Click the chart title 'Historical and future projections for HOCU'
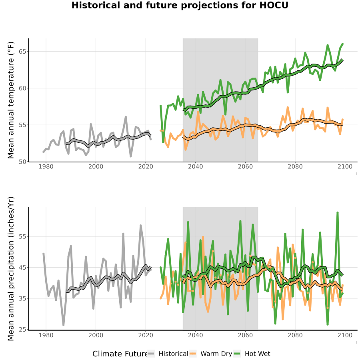180,5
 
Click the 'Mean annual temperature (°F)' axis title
11,100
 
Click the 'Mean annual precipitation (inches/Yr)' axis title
11,269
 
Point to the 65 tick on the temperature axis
22,52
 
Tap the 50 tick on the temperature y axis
22,162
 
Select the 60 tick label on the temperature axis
22,88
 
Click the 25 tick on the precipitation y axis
22,330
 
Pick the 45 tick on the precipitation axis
22,268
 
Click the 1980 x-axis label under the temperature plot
46,166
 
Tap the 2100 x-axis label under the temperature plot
345,166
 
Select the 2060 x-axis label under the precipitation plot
245,335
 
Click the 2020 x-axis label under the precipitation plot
146,335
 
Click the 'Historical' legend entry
173,354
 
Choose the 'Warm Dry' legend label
216,354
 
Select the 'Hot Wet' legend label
258,354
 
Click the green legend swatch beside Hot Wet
236,354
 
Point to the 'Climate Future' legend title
120,354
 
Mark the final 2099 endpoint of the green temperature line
342,44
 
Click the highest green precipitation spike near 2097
338,213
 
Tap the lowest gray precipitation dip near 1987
63,325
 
